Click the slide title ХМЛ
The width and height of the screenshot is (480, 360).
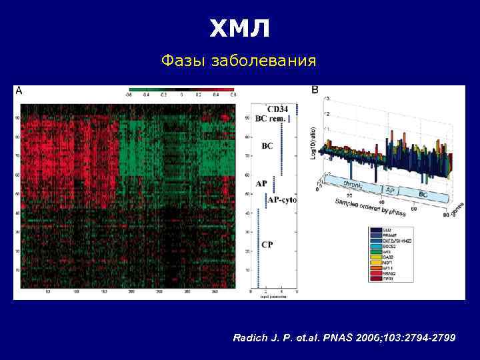coord(240,28)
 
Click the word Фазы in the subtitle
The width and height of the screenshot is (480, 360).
coord(185,61)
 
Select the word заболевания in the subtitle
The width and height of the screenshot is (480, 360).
coord(263,62)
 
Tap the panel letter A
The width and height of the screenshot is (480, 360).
coord(19,90)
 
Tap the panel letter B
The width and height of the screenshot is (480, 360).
coord(315,90)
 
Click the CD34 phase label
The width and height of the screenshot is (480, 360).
coord(277,109)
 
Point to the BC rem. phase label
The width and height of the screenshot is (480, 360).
coord(271,118)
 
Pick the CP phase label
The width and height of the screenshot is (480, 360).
coord(267,245)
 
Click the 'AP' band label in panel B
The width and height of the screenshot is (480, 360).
coord(390,190)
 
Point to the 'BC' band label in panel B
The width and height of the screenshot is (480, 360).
coord(423,193)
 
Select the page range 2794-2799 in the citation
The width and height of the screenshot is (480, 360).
coord(427,339)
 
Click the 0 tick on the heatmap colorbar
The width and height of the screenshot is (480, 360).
coord(181,95)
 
